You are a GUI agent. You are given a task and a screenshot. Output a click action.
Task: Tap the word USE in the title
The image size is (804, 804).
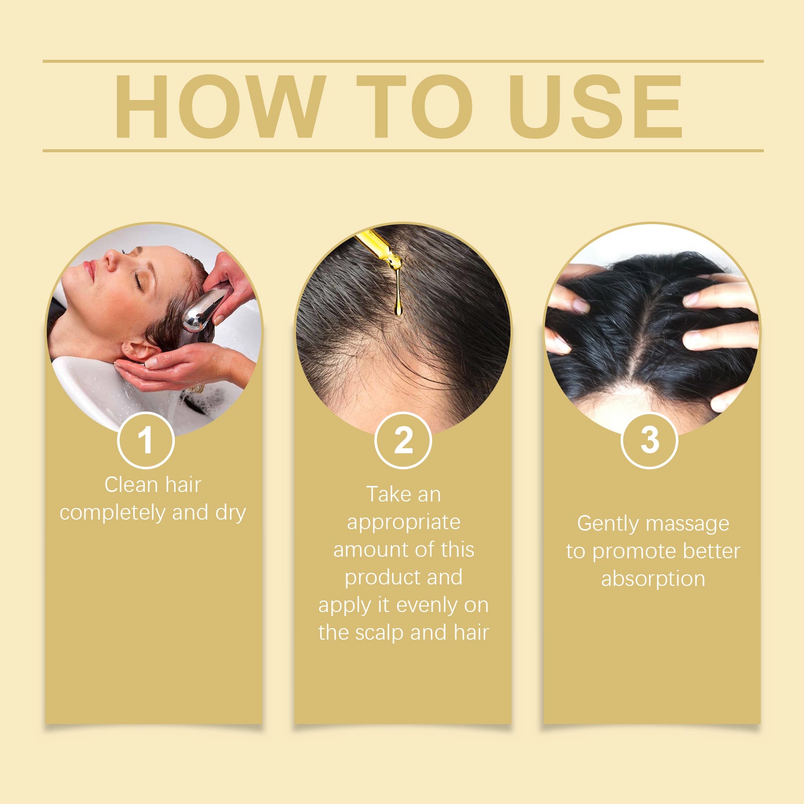(595, 106)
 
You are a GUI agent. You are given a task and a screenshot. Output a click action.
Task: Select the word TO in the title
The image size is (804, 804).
(415, 106)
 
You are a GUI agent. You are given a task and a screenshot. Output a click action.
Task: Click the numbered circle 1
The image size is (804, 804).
(146, 440)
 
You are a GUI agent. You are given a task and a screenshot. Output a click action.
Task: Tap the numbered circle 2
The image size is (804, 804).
(403, 440)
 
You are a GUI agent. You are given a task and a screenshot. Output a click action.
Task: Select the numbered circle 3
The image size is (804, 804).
(650, 440)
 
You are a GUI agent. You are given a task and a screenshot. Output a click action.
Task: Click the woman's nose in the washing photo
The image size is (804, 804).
(110, 258)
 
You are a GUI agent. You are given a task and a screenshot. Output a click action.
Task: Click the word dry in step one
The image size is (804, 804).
(231, 513)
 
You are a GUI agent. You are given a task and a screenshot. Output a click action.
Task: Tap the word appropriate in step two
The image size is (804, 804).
(404, 522)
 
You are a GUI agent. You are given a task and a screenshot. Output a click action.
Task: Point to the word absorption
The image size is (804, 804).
(653, 579)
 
